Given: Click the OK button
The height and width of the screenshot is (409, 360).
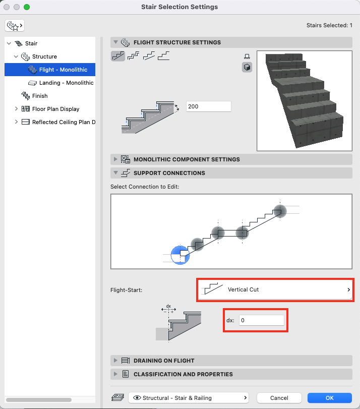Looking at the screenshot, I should [329, 398].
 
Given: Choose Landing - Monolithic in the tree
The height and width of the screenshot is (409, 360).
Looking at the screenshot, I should [66, 83].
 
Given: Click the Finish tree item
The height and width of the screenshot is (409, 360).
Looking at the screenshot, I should [39, 96].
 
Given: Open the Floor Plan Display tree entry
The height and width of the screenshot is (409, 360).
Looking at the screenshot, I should [55, 109].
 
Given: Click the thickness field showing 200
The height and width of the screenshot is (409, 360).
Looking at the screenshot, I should [208, 106].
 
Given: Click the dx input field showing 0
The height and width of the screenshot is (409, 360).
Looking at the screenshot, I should [261, 320].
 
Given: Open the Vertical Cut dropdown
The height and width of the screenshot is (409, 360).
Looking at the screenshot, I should [275, 289].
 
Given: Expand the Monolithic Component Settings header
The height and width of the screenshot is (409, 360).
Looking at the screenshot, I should [187, 159].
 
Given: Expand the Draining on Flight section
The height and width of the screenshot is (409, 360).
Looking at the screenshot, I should [163, 361].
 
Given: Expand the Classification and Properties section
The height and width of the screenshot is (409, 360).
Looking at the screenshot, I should [183, 374].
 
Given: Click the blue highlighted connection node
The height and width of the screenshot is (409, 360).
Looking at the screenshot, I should [180, 255].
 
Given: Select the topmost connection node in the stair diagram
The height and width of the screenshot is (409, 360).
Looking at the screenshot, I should [280, 211].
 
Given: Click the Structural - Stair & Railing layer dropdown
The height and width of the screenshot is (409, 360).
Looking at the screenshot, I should [189, 398].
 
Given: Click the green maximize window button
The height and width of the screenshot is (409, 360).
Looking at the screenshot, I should [27, 7].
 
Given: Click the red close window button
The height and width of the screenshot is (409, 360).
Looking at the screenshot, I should [7, 7].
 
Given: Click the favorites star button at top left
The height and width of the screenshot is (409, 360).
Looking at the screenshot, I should [15, 25].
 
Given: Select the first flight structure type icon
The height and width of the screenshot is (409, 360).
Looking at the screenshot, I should [118, 56].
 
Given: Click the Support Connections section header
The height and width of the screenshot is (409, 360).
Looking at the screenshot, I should [169, 173].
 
